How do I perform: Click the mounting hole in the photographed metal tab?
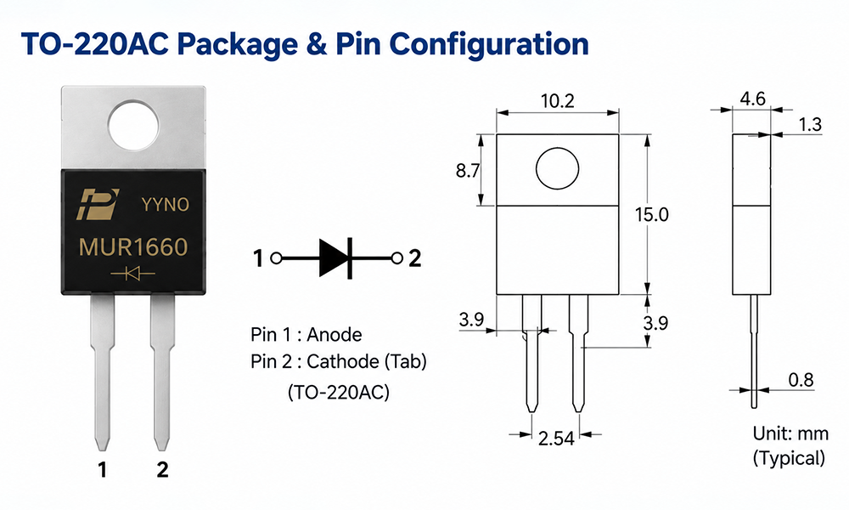pyautogui.click(x=133, y=126)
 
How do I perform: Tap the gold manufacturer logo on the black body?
pyautogui.click(x=98, y=204)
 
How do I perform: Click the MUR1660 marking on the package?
pyautogui.click(x=133, y=247)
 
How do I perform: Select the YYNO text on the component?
pyautogui.click(x=166, y=204)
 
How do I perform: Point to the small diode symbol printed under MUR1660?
pyautogui.click(x=132, y=274)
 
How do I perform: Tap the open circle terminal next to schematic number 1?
pyautogui.click(x=276, y=258)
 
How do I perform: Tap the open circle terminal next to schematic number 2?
pyautogui.click(x=396, y=258)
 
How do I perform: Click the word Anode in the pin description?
pyautogui.click(x=334, y=334)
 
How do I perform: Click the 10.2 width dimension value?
pyautogui.click(x=557, y=101)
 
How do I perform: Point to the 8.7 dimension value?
pyautogui.click(x=467, y=171)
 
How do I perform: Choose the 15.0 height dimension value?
pyautogui.click(x=652, y=214)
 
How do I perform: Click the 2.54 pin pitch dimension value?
pyautogui.click(x=556, y=438)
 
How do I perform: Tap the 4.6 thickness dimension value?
pyautogui.click(x=752, y=99)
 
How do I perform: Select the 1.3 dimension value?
pyautogui.click(x=810, y=125)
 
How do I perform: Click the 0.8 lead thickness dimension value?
pyautogui.click(x=801, y=380)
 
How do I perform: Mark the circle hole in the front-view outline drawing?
pyautogui.click(x=557, y=168)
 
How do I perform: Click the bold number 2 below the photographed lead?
pyautogui.click(x=162, y=469)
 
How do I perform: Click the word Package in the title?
pyautogui.click(x=237, y=44)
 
